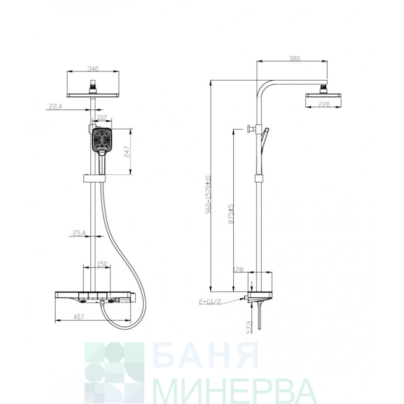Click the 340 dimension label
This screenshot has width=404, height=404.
pyautogui.click(x=93, y=69)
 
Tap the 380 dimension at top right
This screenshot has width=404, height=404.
pyautogui.click(x=294, y=59)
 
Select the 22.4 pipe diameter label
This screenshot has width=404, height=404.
pyautogui.click(x=55, y=106)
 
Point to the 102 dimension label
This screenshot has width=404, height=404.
pyautogui.click(x=102, y=118)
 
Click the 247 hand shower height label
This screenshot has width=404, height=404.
pyautogui.click(x=127, y=151)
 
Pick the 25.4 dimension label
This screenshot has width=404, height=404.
pyautogui.click(x=79, y=233)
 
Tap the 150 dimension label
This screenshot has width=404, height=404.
pyautogui.click(x=102, y=264)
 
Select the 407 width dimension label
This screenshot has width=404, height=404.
pyautogui.click(x=79, y=317)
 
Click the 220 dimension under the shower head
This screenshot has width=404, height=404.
pyautogui.click(x=324, y=105)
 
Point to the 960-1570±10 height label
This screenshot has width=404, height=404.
pyautogui.click(x=208, y=195)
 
